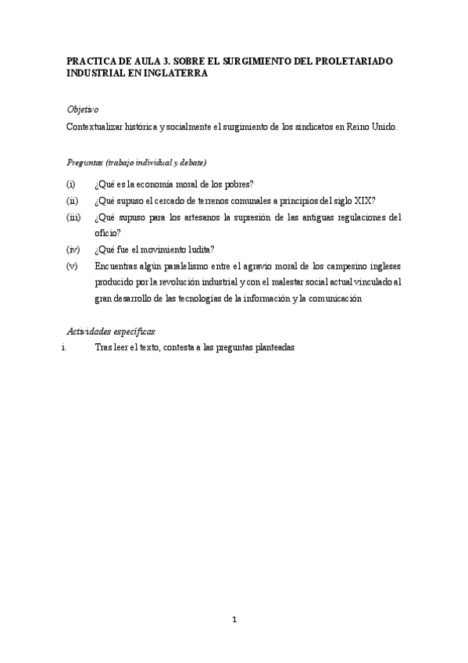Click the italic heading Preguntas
[x=87, y=163]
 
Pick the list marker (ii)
[x=71, y=200]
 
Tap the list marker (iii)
[x=73, y=217]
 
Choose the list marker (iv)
[x=72, y=249]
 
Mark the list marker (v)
[x=71, y=266]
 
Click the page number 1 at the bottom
[x=234, y=621]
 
